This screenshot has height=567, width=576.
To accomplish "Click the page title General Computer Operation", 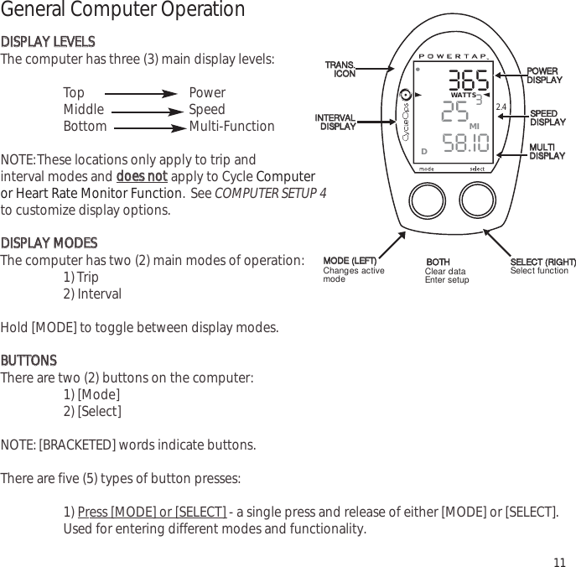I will click(x=122, y=11).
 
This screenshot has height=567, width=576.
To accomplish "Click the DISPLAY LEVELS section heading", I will click(x=48, y=42).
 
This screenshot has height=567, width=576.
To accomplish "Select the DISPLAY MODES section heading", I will click(x=49, y=243).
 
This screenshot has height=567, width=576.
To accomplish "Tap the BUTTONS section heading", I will click(x=29, y=361).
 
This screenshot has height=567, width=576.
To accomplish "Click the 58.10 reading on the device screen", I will click(x=465, y=143).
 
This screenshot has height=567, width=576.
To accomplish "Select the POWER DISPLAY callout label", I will click(x=543, y=75).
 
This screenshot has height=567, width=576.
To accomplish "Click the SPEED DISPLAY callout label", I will click(x=547, y=117).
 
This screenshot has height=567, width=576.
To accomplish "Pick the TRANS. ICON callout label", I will click(x=340, y=69).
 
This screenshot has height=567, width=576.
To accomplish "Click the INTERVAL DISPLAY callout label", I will click(x=335, y=122).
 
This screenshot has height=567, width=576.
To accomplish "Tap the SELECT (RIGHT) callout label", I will click(x=543, y=263).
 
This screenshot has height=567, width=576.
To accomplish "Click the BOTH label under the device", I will click(x=438, y=263).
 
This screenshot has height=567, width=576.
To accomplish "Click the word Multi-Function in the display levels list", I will click(x=231, y=127).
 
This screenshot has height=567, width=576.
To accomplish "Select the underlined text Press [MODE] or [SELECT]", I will click(x=151, y=512).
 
